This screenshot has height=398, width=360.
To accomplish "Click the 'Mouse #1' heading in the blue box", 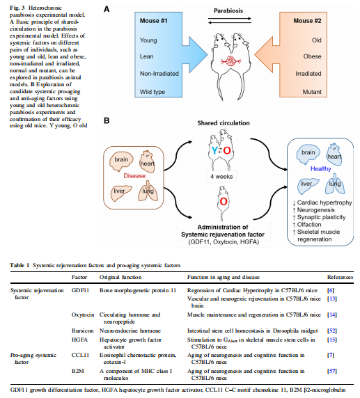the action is pyautogui.click(x=153, y=21).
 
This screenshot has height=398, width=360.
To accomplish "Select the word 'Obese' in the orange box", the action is pyautogui.click(x=312, y=56).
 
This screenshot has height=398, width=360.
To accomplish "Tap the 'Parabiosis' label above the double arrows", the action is pyautogui.click(x=228, y=10).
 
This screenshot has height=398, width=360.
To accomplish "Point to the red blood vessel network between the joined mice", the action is pyautogui.click(x=230, y=61).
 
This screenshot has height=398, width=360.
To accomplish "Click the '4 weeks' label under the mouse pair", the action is pyautogui.click(x=221, y=177).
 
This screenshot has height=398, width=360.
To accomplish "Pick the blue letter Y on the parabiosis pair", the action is pyautogui.click(x=214, y=151).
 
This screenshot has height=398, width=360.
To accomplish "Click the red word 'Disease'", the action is pyautogui.click(x=134, y=176).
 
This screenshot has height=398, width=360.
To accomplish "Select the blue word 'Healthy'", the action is pyautogui.click(x=320, y=169).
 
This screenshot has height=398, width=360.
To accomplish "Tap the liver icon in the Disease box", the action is pyautogui.click(x=121, y=193).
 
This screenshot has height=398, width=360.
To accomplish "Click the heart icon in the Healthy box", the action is pyautogui.click(x=334, y=155).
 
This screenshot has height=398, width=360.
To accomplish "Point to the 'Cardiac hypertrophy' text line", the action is pyautogui.click(x=322, y=202).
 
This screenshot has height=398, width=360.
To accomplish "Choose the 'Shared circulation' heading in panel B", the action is pyautogui.click(x=224, y=123).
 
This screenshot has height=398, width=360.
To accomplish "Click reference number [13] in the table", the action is pyautogui.click(x=332, y=298).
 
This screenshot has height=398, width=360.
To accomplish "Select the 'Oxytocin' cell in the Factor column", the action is pyautogui.click(x=83, y=315).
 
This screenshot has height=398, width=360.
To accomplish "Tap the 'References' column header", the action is pyautogui.click(x=340, y=277).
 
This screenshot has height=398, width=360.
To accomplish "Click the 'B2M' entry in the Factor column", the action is pyautogui.click(x=77, y=371).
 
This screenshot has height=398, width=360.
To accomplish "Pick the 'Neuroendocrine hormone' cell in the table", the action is pyautogui.click(x=130, y=331).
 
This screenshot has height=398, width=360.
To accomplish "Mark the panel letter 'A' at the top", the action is pyautogui.click(x=107, y=9).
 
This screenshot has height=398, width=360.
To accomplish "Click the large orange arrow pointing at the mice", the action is pyautogui.click(x=267, y=54).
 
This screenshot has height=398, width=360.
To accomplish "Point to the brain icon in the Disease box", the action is pyautogui.click(x=121, y=161).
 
